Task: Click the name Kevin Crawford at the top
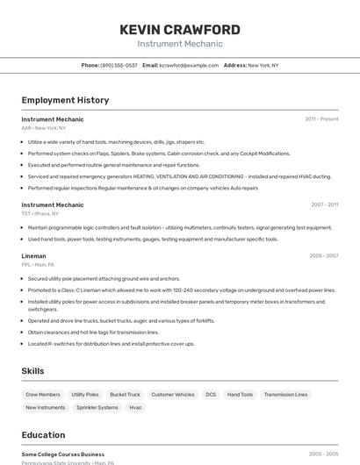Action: coord(180,30)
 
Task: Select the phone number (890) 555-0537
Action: coord(119,65)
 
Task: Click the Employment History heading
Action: coord(65,100)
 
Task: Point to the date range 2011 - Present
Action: coord(321,119)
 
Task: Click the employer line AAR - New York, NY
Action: coord(44,128)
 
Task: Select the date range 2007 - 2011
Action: coord(324,205)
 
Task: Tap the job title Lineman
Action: coord(33,256)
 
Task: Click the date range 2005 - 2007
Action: coord(324,256)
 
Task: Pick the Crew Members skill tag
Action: coord(43,395)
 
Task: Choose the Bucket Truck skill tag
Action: coord(125,395)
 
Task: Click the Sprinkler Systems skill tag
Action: coord(97,407)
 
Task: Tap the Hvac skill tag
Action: coord(135,407)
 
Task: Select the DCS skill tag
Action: coord(211,395)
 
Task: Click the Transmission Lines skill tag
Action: coord(285,395)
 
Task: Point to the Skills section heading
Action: coord(33,371)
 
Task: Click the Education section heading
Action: coord(43,435)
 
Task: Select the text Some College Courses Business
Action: coord(63,454)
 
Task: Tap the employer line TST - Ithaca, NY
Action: coord(40,213)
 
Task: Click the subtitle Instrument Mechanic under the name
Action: coord(180,44)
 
